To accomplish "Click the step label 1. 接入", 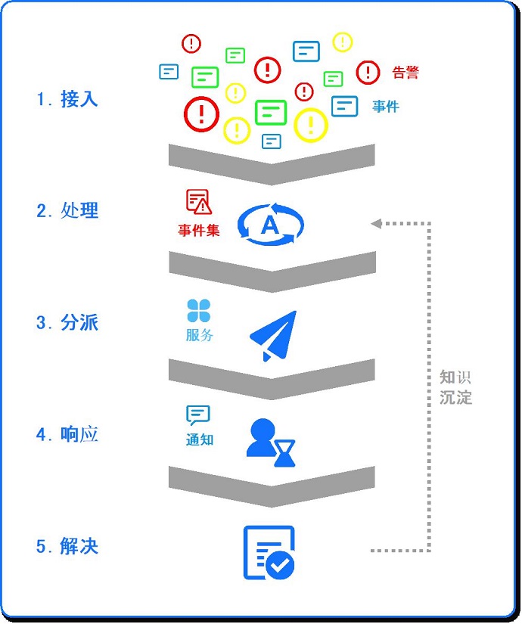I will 67,99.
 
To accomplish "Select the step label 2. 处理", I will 67,210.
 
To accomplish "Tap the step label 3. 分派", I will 67,323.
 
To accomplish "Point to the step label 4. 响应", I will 67,434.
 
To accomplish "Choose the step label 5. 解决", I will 67,546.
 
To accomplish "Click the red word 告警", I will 405,73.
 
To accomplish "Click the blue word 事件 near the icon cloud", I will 386,107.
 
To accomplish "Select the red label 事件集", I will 199,230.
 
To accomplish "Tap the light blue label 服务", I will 199,335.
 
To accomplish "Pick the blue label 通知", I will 199,439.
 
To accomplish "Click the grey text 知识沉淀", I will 455,387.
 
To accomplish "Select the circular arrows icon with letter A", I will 271,224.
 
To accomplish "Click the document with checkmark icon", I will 269,553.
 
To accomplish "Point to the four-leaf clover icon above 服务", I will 199,311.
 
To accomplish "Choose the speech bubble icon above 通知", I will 198,415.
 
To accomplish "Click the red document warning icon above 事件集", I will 199,201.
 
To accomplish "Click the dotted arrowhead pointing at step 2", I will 376,223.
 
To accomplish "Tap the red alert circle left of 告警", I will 368,72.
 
